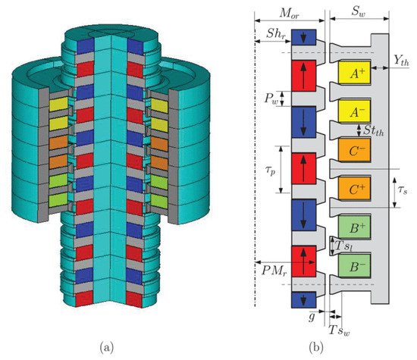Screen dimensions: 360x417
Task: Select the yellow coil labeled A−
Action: click(351, 113)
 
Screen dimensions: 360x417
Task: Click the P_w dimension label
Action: click(268, 98)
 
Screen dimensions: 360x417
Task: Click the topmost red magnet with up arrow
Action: click(303, 76)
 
